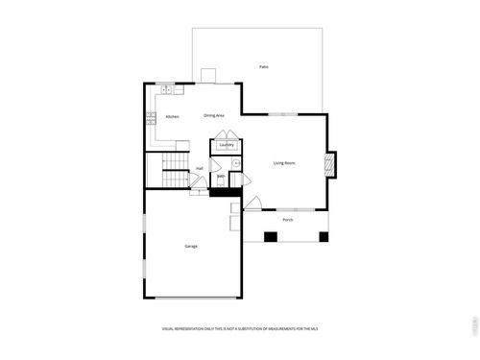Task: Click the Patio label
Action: pyautogui.click(x=263, y=66)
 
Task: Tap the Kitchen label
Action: pyautogui.click(x=172, y=117)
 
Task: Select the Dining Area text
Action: pyautogui.click(x=214, y=116)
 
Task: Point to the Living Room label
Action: pyautogui.click(x=283, y=163)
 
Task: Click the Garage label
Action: pyautogui.click(x=191, y=247)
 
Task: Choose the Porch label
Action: pyautogui.click(x=287, y=220)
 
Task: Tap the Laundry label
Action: pyautogui.click(x=227, y=145)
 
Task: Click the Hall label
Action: pyautogui.click(x=199, y=168)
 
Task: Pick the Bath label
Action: pyautogui.click(x=221, y=176)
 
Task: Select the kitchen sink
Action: pyautogui.click(x=165, y=90)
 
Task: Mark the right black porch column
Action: pyautogui.click(x=324, y=236)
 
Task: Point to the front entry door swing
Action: pyautogui.click(x=252, y=204)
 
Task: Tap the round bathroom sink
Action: pyautogui.click(x=234, y=164)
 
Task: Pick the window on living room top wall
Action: pyautogui.click(x=283, y=115)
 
